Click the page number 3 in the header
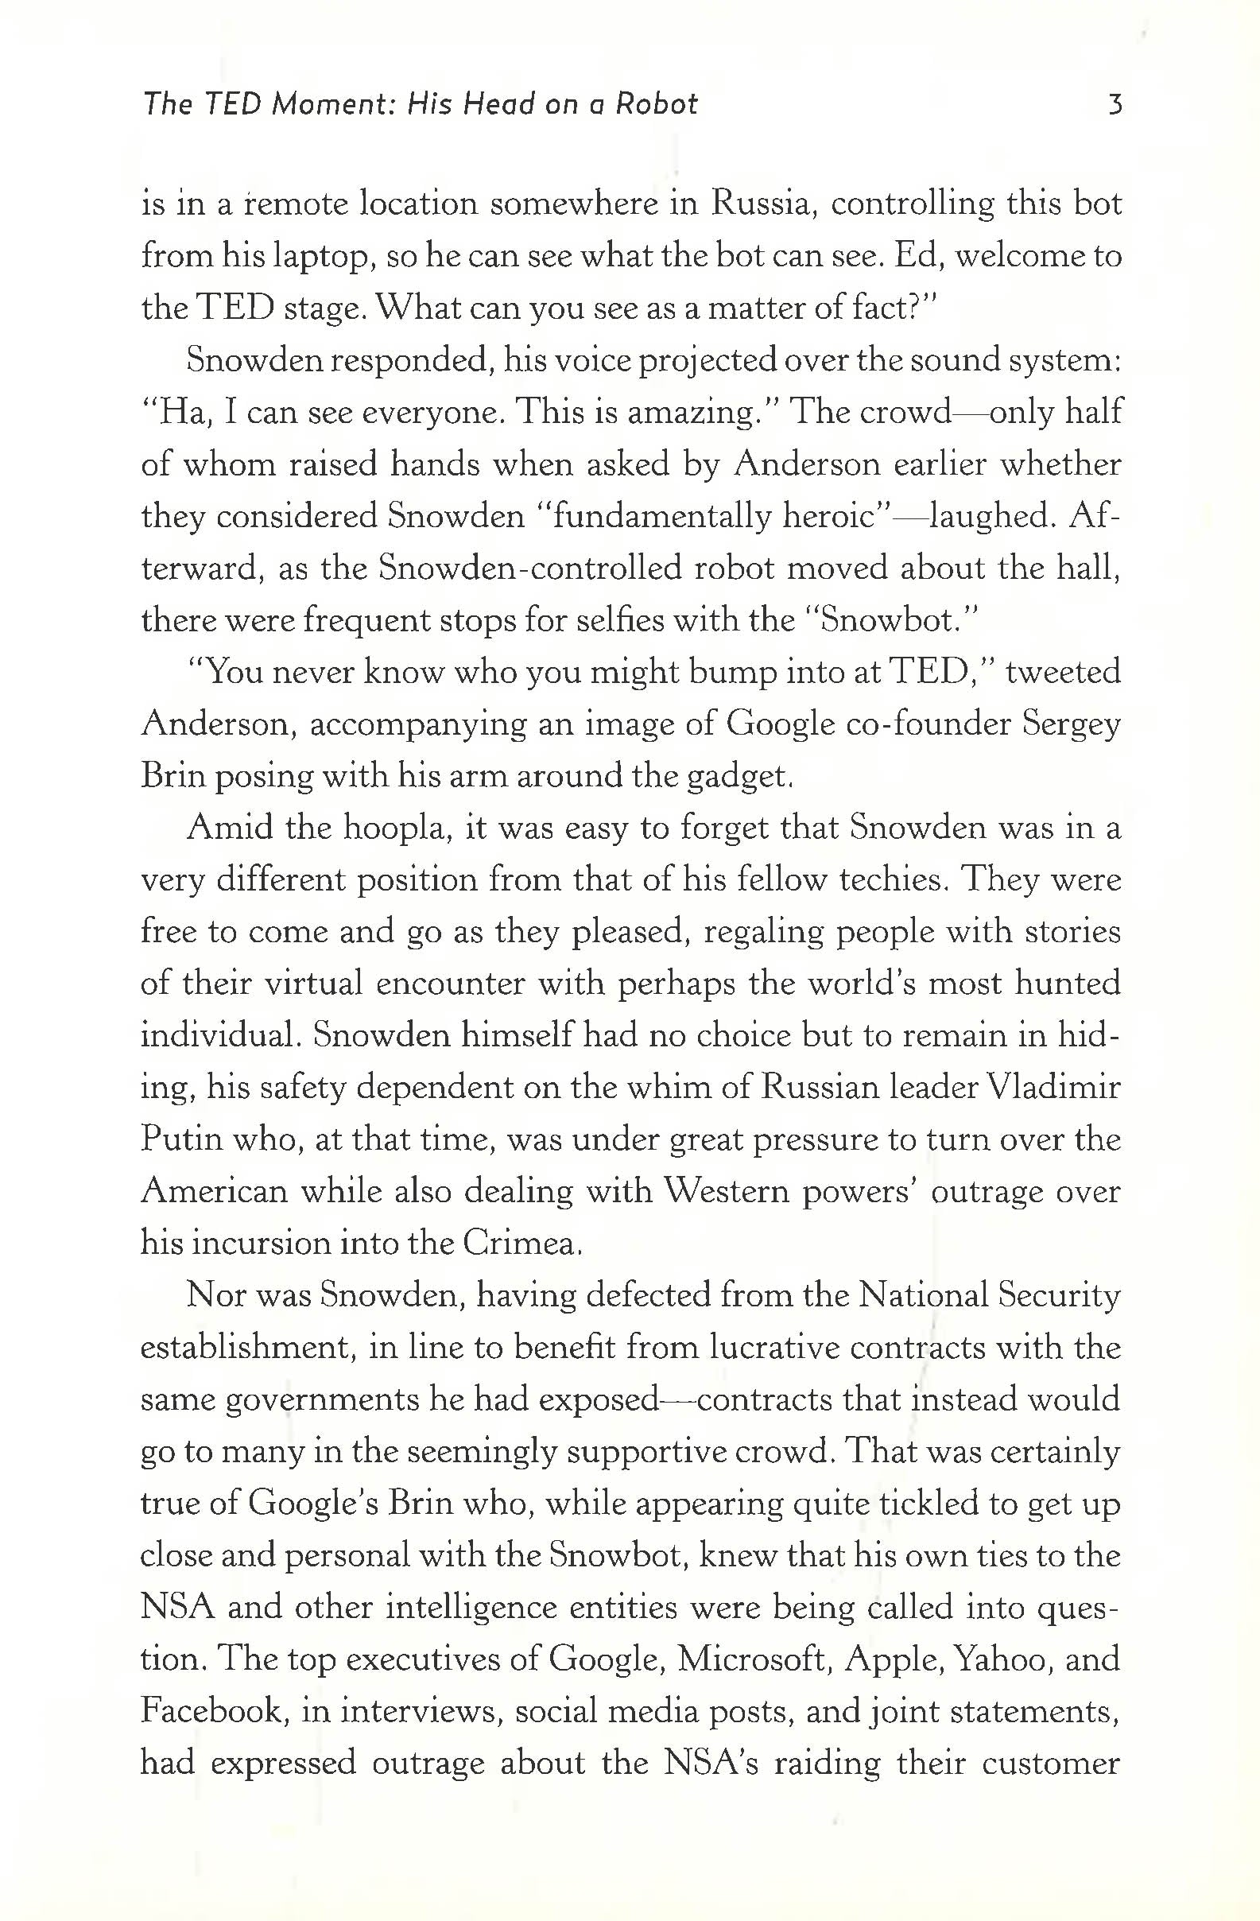[1115, 105]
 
